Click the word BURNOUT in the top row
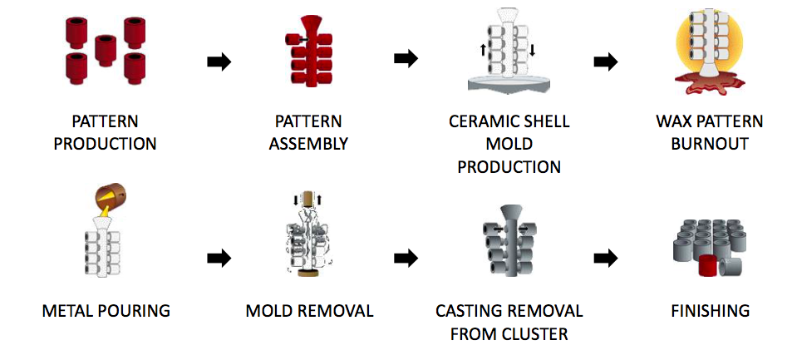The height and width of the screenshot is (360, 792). pos(708,143)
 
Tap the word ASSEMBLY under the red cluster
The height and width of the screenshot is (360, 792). pos(309,143)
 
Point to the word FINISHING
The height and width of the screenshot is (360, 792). pos(710,311)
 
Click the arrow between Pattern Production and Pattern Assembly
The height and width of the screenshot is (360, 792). pos(219,62)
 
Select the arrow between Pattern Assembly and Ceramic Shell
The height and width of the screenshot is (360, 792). pos(405,59)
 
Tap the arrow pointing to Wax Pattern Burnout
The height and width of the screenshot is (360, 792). pos(607,62)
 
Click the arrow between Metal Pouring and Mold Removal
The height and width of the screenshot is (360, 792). pos(219,259)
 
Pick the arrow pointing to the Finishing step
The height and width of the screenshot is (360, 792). pos(607,259)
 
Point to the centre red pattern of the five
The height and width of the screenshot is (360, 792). pos(105,48)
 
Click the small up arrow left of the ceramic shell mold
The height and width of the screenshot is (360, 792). pos(483,49)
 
